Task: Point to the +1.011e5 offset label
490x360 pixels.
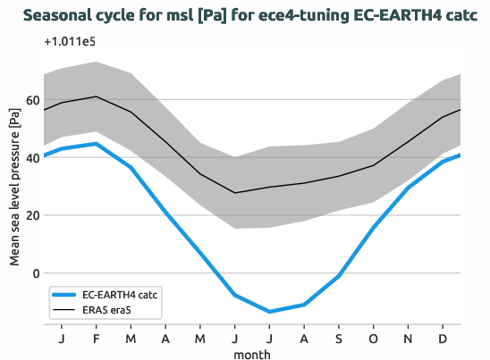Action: (x=70, y=42)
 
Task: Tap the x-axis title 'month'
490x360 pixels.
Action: (x=252, y=355)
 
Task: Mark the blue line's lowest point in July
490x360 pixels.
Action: (x=270, y=312)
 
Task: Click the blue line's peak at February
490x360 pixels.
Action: (x=96, y=143)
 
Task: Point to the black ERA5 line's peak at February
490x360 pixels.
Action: (x=96, y=96)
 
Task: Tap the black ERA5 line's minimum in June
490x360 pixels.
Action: (x=235, y=193)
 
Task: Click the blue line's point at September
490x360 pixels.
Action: (x=340, y=276)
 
